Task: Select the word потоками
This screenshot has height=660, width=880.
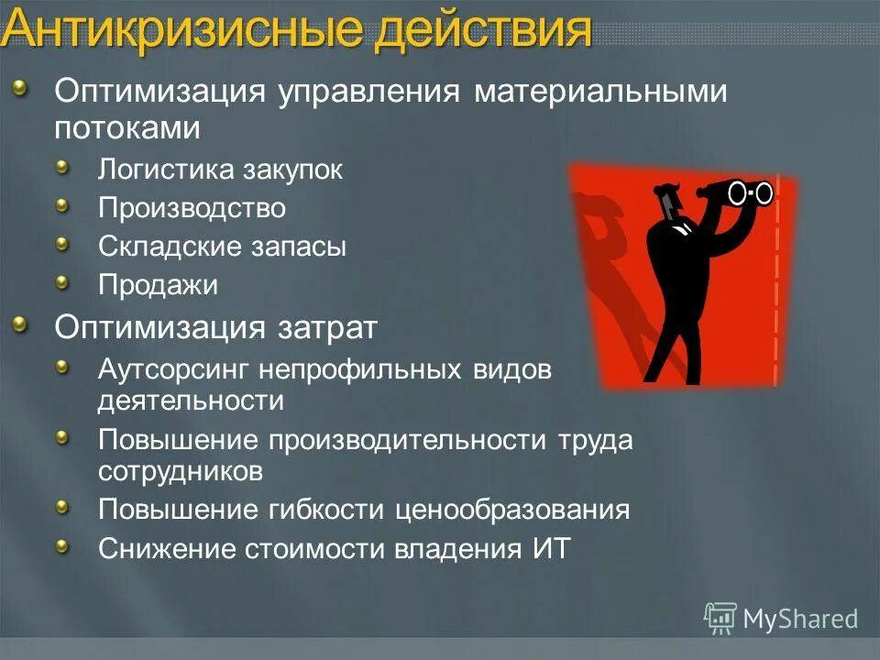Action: pos(126,127)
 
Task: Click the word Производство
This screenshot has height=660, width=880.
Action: pos(192,209)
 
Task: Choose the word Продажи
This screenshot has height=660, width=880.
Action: pos(158,285)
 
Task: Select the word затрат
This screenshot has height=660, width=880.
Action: pos(327,326)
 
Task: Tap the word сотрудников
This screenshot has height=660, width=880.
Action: pos(181,471)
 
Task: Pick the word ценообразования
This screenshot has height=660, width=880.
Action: pos(512,510)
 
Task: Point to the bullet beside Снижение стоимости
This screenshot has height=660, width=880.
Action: pos(62,546)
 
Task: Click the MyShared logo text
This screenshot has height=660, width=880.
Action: pos(799,619)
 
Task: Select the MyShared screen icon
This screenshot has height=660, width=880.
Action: pos(720,619)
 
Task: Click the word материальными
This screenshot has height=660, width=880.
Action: pos(600,92)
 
